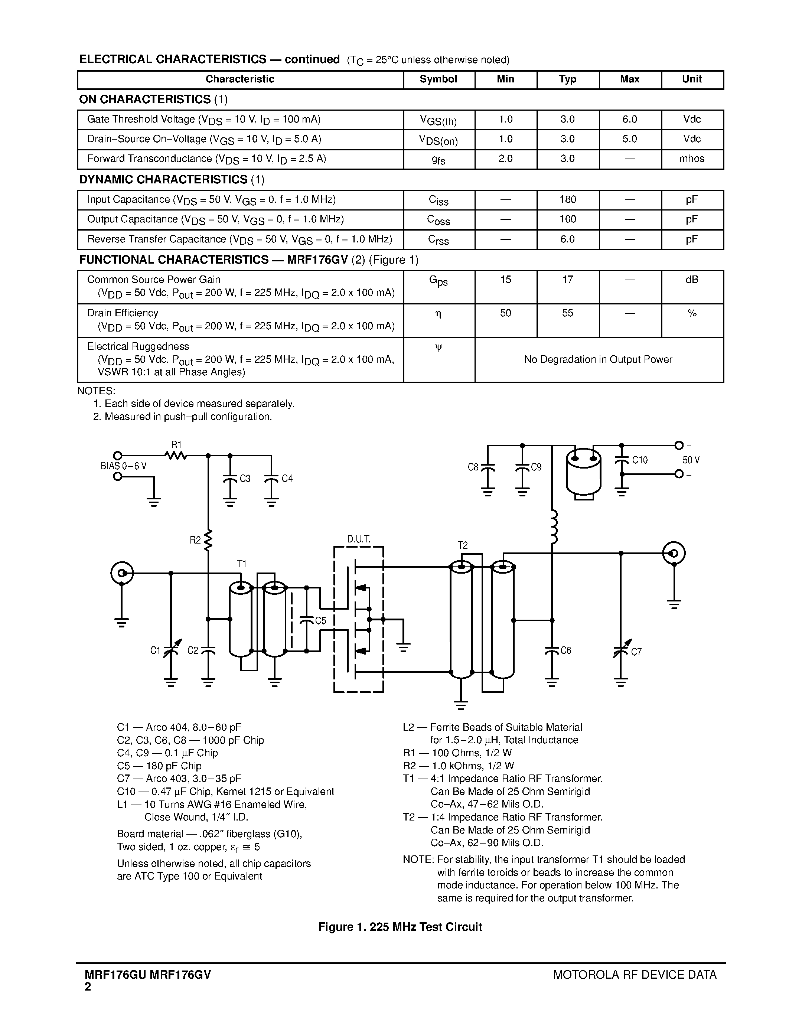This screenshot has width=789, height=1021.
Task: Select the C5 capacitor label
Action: [321, 621]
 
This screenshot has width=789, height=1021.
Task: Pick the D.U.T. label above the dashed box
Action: [359, 539]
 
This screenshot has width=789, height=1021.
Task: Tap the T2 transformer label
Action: [462, 545]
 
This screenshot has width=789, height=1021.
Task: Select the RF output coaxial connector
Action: [674, 553]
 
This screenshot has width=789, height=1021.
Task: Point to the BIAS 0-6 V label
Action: [124, 466]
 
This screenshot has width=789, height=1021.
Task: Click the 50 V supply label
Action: [691, 460]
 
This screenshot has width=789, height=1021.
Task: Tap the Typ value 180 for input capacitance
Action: [567, 200]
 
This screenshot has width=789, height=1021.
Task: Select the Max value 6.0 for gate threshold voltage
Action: [630, 119]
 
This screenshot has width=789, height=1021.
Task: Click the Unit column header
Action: [692, 79]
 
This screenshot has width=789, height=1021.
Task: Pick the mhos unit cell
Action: [692, 159]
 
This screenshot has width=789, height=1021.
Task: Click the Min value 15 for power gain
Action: [505, 280]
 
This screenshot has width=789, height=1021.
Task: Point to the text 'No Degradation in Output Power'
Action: [598, 359]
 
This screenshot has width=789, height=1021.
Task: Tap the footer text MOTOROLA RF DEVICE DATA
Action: [634, 974]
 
